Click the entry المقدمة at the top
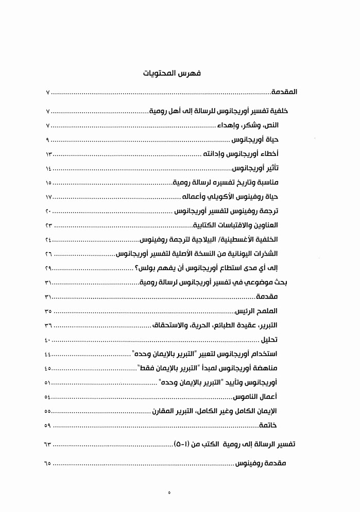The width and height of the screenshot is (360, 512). coord(284,93)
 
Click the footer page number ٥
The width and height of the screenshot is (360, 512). coord(169,493)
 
